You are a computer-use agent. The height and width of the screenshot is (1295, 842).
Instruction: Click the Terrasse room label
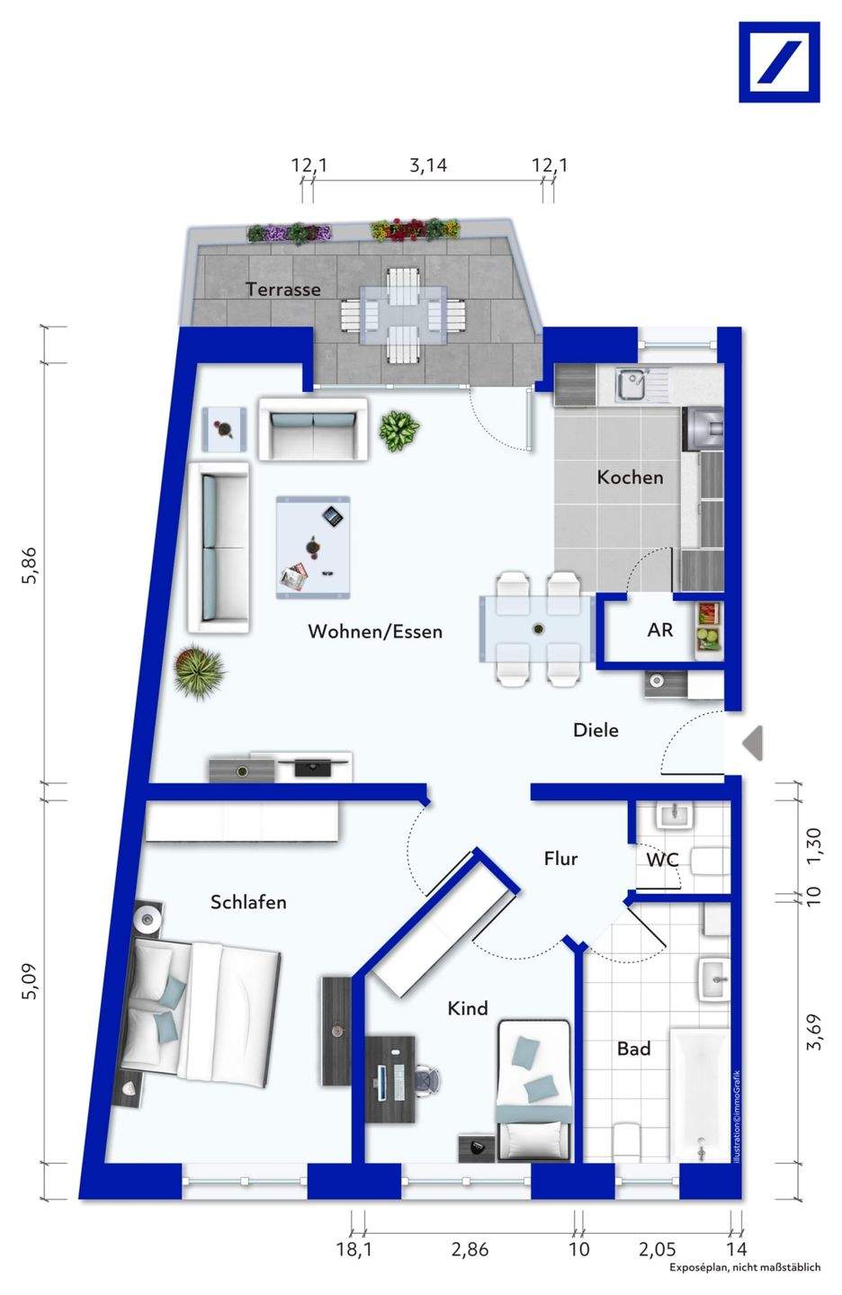point(282,289)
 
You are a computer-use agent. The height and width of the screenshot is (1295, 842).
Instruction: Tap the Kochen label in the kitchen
point(630,478)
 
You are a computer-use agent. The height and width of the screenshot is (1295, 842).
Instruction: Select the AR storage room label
point(660,630)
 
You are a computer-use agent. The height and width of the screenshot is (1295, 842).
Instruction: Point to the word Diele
point(596,730)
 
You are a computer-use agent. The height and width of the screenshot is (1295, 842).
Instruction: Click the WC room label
point(662,861)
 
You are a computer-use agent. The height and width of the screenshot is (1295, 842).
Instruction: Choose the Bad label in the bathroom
point(634,1049)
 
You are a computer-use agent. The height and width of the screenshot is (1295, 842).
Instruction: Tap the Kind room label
point(468,1008)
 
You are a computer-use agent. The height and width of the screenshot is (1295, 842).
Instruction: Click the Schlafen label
point(248,902)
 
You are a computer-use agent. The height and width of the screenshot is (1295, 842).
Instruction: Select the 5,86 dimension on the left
point(29,566)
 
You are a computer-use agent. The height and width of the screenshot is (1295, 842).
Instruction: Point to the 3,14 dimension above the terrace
point(428,165)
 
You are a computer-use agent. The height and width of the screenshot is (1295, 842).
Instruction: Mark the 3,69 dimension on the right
point(813,1032)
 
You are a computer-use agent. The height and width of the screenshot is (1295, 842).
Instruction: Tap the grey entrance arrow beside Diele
point(752,743)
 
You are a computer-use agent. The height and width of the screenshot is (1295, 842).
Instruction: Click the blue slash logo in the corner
point(780,62)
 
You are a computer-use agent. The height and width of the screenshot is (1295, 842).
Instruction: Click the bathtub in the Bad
point(699,1095)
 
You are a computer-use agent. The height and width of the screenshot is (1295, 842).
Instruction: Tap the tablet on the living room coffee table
point(333,516)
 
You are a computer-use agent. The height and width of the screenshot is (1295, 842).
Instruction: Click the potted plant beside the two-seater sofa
point(399,431)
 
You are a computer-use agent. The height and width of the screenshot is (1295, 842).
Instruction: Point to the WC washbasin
point(675,815)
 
